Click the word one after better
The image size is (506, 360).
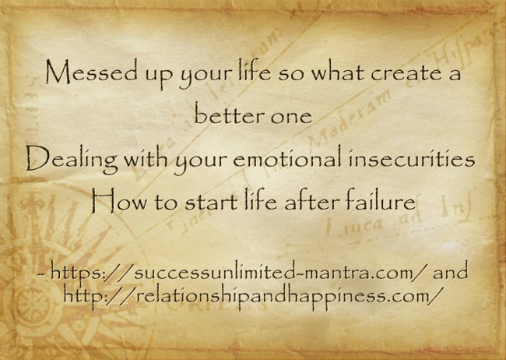[x=290, y=118]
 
